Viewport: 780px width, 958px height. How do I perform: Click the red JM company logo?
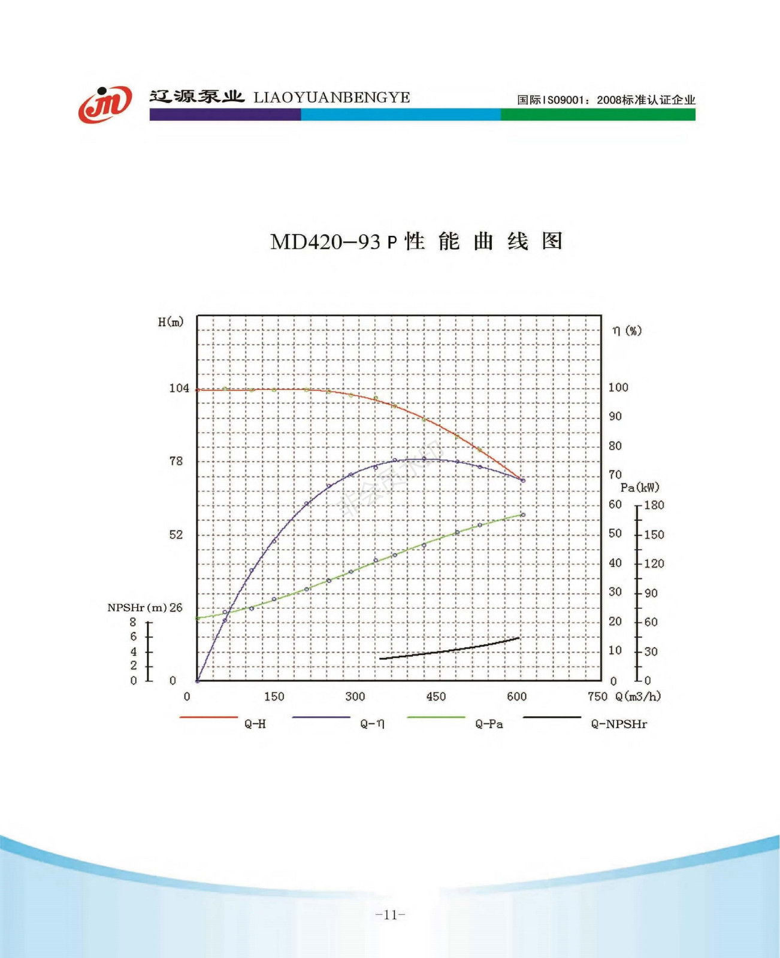[x=105, y=104]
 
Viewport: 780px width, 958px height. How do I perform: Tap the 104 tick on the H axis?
[x=179, y=388]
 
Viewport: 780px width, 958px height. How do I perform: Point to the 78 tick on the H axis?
[x=176, y=461]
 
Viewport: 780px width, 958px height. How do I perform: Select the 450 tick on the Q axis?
[x=436, y=696]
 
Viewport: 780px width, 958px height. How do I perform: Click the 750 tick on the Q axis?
[x=597, y=696]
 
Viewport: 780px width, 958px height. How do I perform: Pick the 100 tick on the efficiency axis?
[x=618, y=387]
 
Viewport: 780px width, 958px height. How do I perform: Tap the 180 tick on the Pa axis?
[x=654, y=505]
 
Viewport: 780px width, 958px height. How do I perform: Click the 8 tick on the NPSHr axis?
[x=133, y=622]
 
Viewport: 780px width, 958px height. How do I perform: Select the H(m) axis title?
[x=170, y=322]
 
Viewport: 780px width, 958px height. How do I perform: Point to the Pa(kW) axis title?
[x=639, y=487]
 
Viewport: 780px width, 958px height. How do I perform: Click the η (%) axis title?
[x=627, y=331]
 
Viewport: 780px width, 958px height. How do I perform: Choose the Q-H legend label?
[x=255, y=724]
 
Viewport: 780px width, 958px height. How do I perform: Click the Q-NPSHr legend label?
[x=618, y=724]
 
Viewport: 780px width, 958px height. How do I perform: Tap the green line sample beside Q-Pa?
[x=436, y=717]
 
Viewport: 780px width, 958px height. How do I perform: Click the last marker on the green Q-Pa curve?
[x=523, y=515]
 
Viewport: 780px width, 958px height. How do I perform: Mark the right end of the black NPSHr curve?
[x=519, y=638]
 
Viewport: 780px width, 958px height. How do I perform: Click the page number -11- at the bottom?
[x=390, y=914]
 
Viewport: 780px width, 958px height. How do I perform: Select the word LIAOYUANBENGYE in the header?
[x=331, y=98]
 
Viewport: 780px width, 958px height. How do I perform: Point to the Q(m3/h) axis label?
[x=638, y=696]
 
